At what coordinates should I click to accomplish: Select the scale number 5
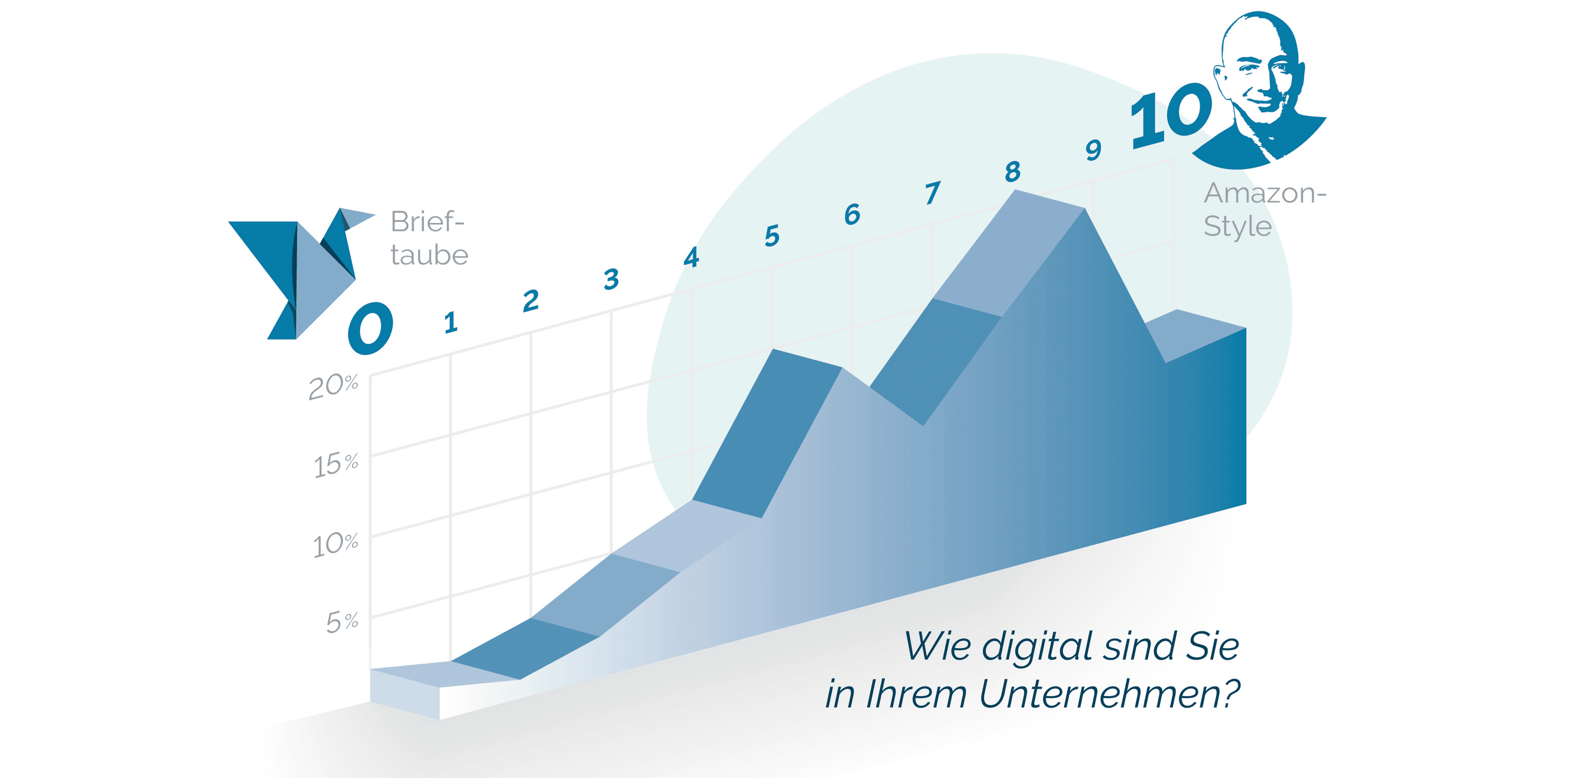(772, 236)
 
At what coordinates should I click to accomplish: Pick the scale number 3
(611, 279)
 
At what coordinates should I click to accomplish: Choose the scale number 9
(1093, 150)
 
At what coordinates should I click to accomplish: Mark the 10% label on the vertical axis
(335, 544)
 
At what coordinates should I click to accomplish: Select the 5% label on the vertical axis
(342, 622)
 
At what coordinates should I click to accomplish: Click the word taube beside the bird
(429, 255)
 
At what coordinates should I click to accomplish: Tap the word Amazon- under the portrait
(1264, 194)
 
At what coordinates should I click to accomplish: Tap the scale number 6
(852, 214)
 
